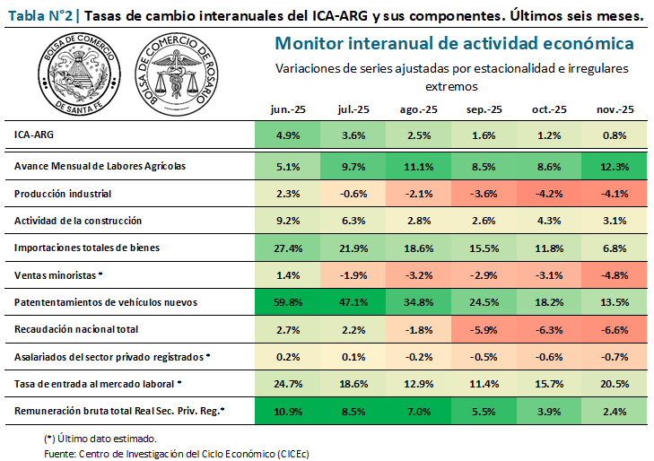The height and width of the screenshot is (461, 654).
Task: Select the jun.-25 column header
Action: (287, 109)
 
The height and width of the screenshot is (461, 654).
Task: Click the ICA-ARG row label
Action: (33, 135)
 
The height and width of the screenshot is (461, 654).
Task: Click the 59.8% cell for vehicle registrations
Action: (287, 302)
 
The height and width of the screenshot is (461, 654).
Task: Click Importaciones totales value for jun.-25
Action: (287, 248)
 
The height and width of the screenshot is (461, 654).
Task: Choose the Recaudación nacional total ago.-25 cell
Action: (418, 330)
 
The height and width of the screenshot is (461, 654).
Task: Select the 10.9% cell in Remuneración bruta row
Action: (287, 413)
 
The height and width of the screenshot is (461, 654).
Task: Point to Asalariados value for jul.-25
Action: (353, 357)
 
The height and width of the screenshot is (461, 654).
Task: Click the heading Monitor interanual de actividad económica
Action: (453, 44)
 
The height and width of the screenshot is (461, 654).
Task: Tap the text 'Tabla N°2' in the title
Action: (39, 16)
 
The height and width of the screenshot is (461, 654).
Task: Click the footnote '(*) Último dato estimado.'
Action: (101, 439)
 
